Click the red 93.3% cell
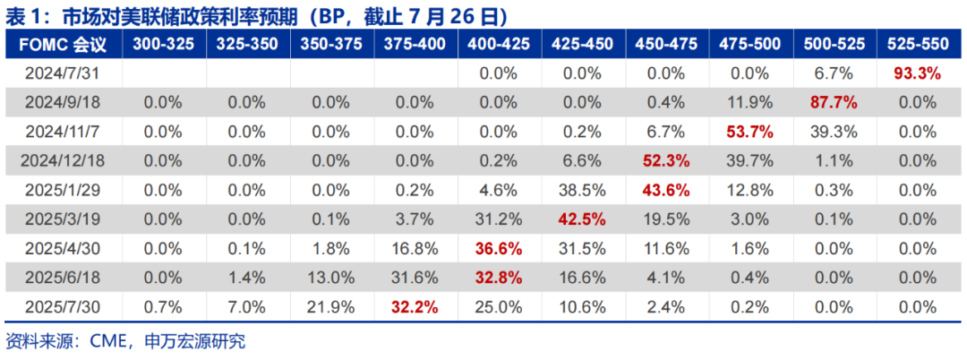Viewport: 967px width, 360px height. point(917,73)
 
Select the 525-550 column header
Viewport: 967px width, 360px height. point(917,44)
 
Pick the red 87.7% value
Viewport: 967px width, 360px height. point(834,102)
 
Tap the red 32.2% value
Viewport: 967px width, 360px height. point(415,307)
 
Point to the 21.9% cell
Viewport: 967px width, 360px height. point(331,307)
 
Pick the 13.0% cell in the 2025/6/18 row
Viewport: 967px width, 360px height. point(331,278)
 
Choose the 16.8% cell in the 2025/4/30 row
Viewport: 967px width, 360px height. point(415,249)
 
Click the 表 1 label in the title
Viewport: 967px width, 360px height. point(27,15)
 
